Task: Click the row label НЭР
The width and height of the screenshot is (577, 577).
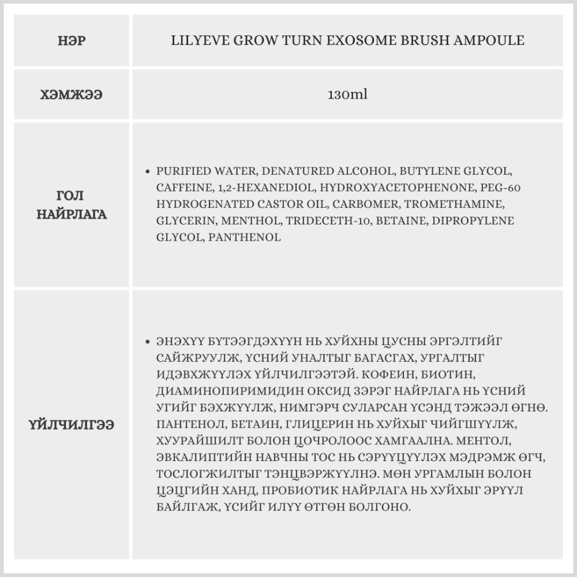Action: [72, 41]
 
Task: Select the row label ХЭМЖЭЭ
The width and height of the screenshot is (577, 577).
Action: [72, 95]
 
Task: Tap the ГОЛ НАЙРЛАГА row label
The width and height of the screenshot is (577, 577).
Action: [72, 205]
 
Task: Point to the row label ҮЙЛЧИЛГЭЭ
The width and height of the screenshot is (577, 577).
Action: [72, 425]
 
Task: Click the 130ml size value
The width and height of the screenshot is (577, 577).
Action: [347, 94]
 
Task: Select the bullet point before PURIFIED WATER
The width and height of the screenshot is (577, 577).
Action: [149, 171]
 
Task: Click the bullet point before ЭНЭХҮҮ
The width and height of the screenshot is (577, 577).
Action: [149, 342]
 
